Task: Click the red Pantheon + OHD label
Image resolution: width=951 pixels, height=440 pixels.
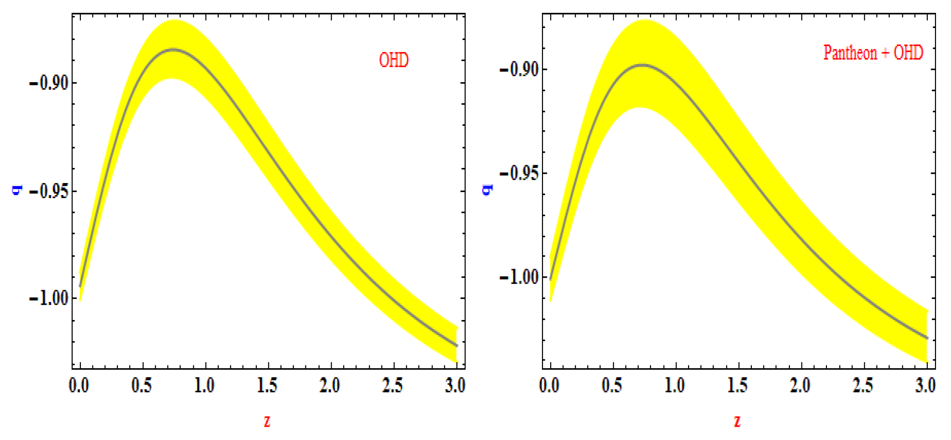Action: (x=873, y=52)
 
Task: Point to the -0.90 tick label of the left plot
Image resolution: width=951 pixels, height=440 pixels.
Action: (x=49, y=83)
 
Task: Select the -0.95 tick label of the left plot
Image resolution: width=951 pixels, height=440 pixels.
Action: (x=49, y=191)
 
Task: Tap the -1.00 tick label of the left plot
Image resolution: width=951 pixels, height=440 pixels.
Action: (x=49, y=298)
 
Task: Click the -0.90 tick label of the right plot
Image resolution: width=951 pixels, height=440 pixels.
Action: (x=519, y=70)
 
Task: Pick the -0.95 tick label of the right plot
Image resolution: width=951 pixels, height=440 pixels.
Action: (x=519, y=173)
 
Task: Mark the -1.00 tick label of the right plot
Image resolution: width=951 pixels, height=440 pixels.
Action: (x=519, y=277)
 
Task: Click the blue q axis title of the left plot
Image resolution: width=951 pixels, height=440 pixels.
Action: (x=17, y=190)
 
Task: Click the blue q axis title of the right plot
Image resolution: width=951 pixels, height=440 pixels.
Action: (x=487, y=190)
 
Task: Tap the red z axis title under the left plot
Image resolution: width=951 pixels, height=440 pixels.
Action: (x=267, y=420)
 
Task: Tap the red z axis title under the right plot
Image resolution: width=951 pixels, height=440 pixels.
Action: (x=737, y=420)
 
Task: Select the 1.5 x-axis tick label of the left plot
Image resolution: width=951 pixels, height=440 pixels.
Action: (x=267, y=386)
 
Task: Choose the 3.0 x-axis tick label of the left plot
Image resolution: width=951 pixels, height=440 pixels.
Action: (x=455, y=386)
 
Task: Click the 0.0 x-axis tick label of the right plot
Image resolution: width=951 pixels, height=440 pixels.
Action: (x=549, y=386)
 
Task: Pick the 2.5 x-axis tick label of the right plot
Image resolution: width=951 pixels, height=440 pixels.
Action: (x=863, y=386)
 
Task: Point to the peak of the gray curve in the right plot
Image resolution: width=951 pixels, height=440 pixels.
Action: (x=642, y=65)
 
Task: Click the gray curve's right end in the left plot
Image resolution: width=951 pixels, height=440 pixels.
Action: (x=457, y=345)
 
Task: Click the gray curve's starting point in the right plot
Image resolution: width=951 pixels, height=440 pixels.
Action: (x=551, y=279)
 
